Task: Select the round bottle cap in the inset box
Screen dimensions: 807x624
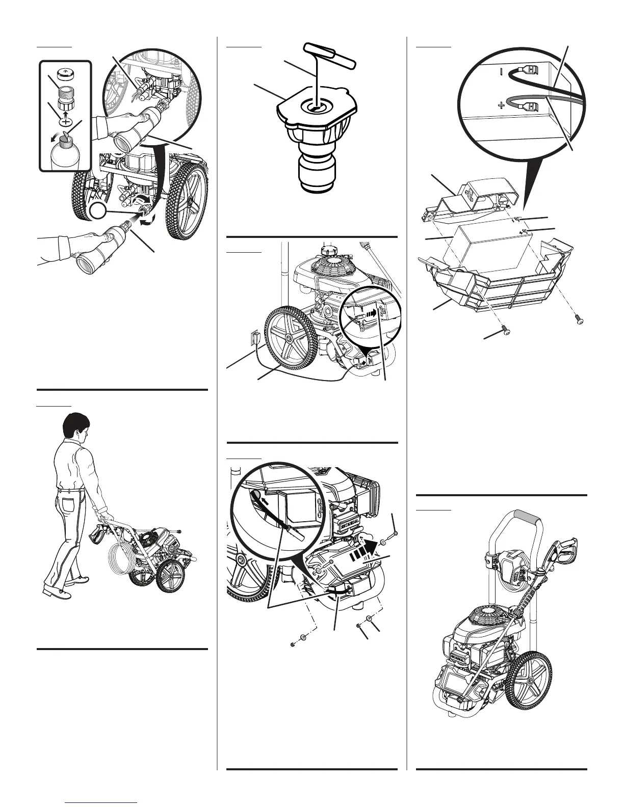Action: (65, 72)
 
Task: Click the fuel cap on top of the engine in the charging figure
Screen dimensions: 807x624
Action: (327, 251)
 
